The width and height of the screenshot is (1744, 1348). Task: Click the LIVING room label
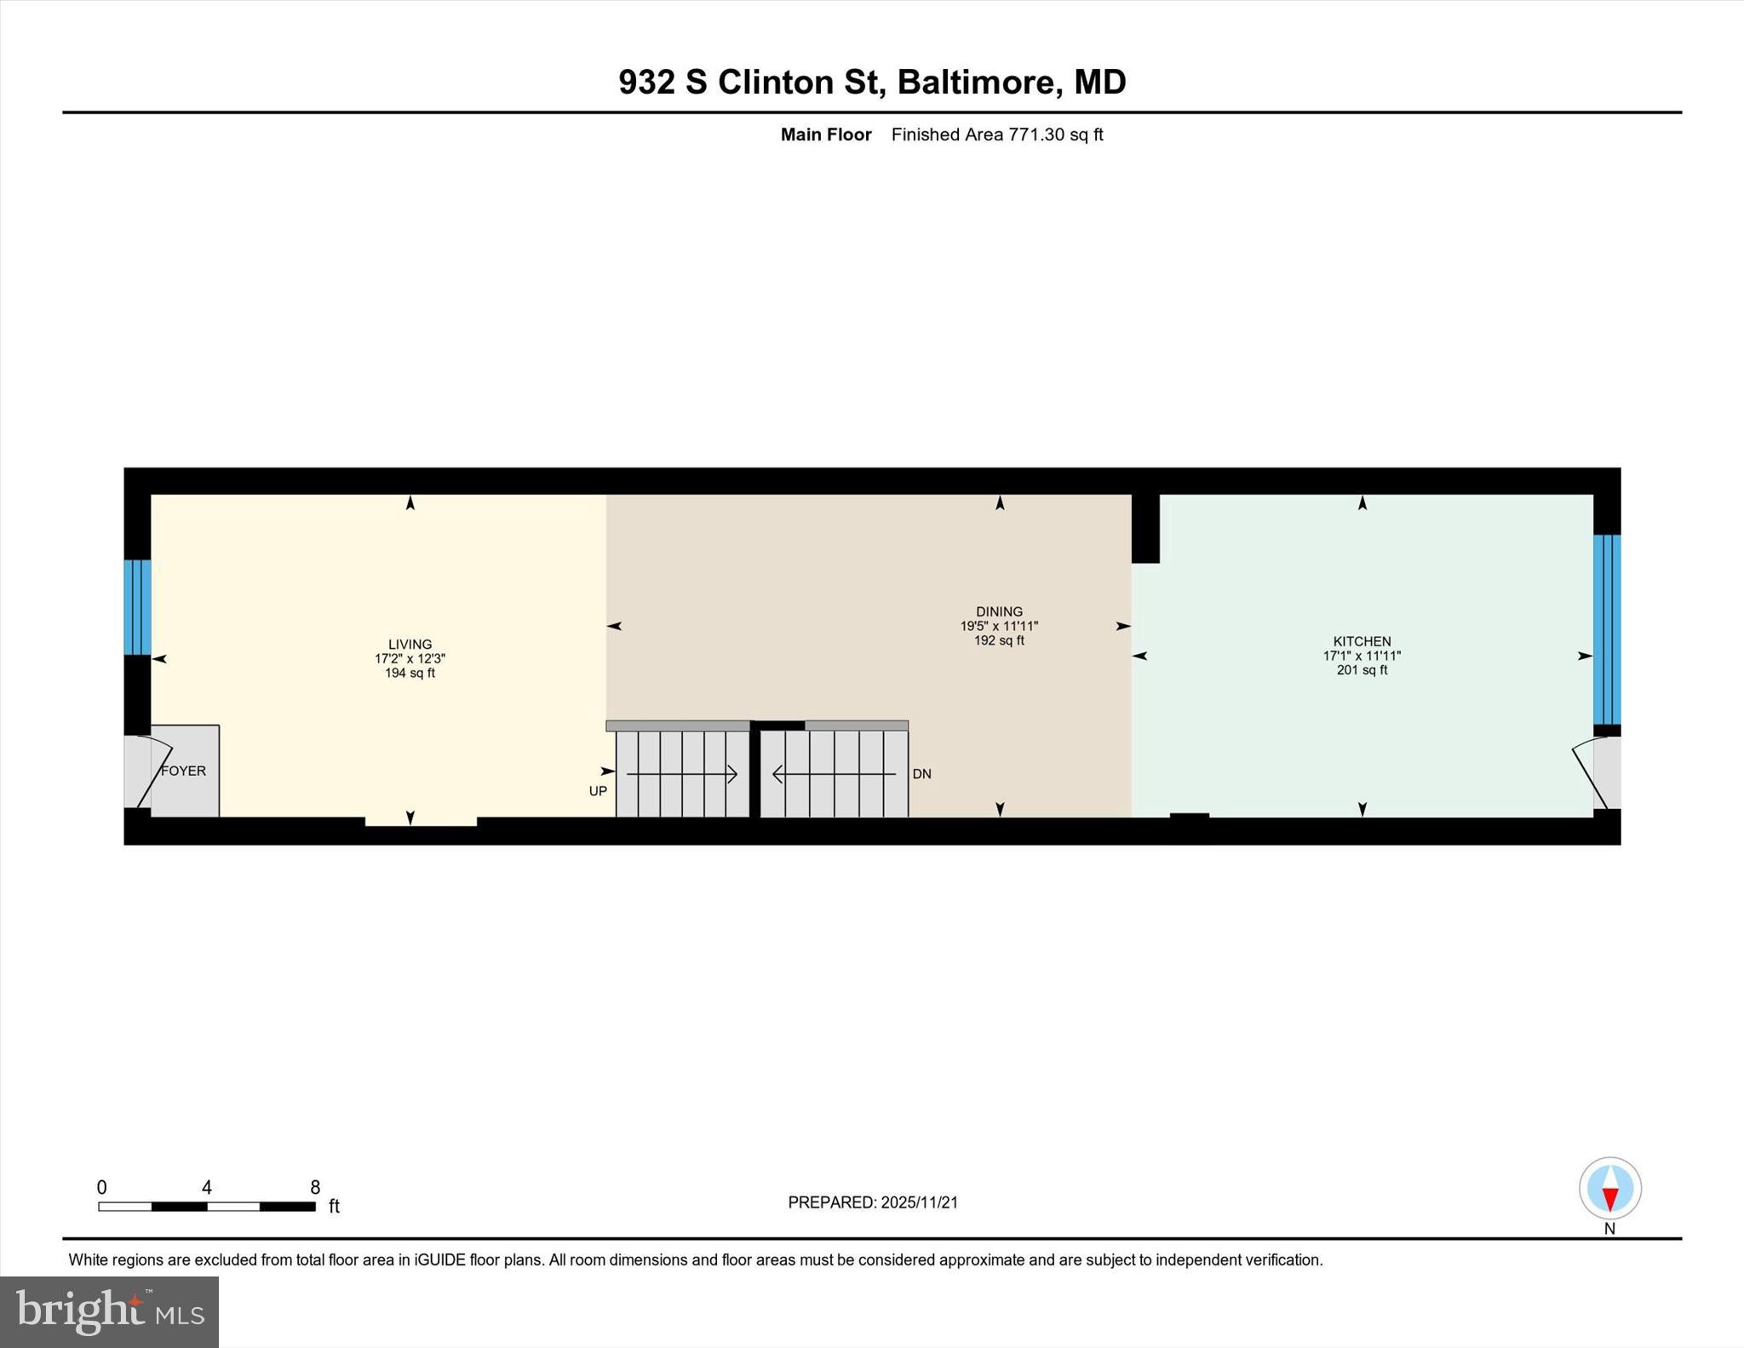(410, 645)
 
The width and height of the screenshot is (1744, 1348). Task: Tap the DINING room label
(999, 611)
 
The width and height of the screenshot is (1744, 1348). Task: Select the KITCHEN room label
(1362, 641)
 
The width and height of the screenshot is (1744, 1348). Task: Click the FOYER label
(183, 771)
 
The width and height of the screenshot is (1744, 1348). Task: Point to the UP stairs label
(598, 791)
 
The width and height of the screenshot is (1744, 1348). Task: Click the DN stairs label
(921, 774)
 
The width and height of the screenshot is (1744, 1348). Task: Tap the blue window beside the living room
(137, 606)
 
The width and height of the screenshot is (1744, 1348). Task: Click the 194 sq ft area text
(410, 674)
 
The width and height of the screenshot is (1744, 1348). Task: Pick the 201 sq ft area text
(1362, 670)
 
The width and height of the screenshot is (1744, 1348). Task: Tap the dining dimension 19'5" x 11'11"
(999, 626)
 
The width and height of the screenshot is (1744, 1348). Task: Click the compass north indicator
(1609, 1189)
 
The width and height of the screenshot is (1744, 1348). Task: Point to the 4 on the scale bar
(206, 1187)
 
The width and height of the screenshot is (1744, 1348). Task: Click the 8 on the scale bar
(315, 1187)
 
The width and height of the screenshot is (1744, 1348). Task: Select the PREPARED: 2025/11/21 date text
(873, 1202)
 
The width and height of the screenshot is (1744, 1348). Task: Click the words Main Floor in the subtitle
(825, 135)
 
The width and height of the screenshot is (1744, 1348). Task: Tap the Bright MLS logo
(109, 1311)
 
